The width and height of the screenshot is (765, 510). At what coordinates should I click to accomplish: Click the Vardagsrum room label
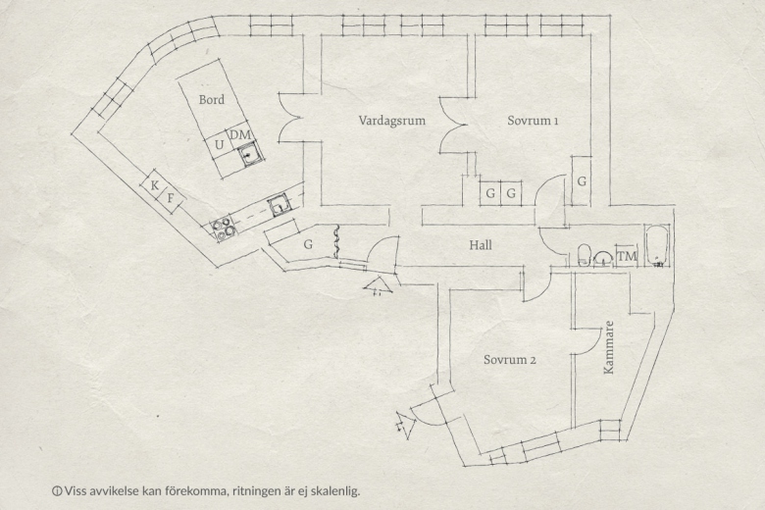point(391,121)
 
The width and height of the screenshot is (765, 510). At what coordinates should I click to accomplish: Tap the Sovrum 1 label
point(533,120)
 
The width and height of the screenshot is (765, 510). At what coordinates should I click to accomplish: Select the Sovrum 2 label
point(510,360)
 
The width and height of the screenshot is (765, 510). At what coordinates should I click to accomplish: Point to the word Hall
point(481,245)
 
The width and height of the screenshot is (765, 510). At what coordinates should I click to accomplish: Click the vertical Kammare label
point(608,347)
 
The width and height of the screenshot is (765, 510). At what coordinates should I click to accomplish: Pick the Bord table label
point(212,100)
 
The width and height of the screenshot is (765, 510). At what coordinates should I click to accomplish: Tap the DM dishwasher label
point(240,134)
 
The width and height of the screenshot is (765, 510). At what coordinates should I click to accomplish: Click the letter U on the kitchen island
point(219,145)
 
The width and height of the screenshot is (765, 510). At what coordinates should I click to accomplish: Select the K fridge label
point(155,185)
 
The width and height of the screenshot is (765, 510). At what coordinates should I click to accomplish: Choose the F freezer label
point(171,199)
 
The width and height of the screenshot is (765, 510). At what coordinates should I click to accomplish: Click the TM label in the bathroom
point(627,256)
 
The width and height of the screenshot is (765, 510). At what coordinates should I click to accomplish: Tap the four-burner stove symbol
point(223,229)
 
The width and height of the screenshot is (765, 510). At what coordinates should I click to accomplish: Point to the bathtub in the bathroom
point(657,245)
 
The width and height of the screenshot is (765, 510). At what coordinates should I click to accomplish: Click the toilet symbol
point(584,255)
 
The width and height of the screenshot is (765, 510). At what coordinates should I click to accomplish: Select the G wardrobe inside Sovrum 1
point(582,181)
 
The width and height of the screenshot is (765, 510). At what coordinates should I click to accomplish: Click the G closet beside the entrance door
point(308,243)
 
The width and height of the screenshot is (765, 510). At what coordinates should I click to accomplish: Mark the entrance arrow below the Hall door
point(378,285)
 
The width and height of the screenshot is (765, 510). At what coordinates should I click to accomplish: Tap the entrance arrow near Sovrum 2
point(405,425)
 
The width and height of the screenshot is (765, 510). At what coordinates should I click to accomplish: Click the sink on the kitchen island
point(250,155)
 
